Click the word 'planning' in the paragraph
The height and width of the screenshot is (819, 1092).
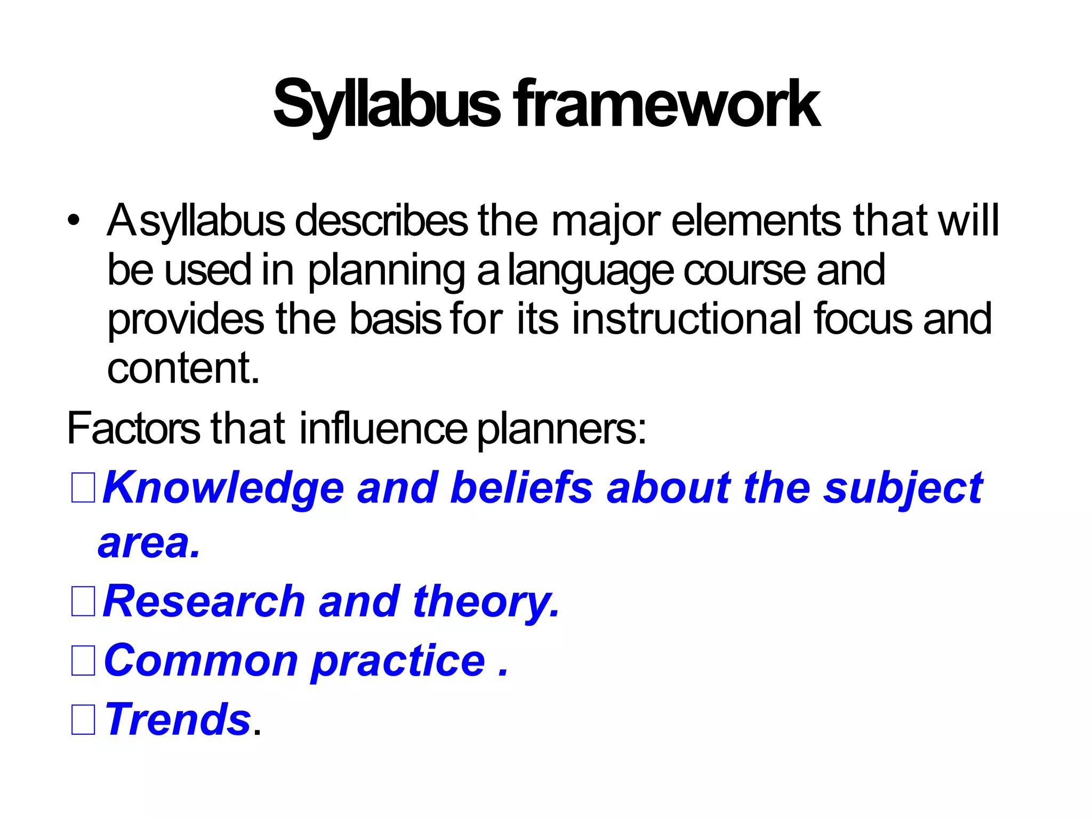tap(387, 270)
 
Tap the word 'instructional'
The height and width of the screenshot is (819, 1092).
tap(688, 319)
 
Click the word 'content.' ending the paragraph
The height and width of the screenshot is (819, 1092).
tap(183, 368)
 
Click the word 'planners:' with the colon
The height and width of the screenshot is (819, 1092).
tap(561, 429)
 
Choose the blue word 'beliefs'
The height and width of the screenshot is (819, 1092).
tap(521, 487)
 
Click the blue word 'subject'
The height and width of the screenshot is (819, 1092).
tap(903, 488)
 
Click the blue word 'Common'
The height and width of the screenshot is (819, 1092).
tap(201, 661)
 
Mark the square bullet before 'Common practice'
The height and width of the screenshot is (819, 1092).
tap(83, 661)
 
